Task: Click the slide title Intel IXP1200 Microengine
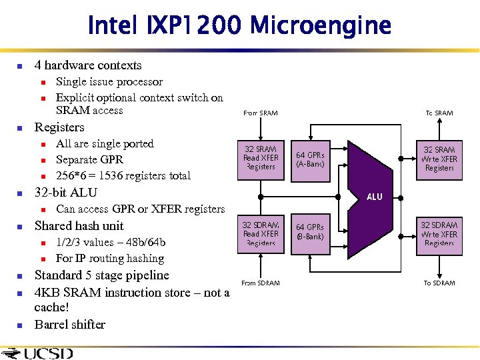tap(239, 26)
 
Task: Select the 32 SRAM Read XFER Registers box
tap(260, 158)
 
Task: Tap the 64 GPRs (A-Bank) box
tap(310, 159)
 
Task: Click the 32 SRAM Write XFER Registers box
tap(439, 159)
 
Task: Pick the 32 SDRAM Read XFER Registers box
tap(260, 233)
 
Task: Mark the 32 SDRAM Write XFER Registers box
tap(439, 233)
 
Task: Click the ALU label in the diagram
tap(375, 197)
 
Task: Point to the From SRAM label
tap(260, 113)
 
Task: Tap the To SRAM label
tap(439, 113)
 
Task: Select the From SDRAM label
tap(260, 283)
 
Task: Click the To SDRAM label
tap(439, 283)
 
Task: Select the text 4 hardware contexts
tap(88, 65)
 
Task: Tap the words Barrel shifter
tap(70, 325)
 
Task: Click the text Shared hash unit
tap(79, 225)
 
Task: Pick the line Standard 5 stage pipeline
tap(101, 275)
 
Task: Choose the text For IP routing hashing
tap(110, 259)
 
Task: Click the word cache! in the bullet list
tap(51, 307)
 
